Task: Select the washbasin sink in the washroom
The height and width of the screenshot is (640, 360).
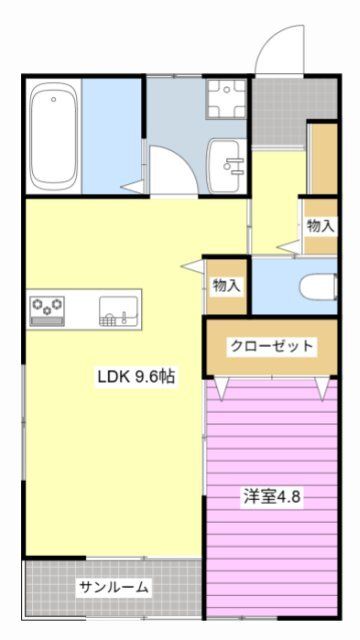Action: (x=226, y=159)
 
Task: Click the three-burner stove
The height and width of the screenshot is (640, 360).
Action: (x=46, y=310)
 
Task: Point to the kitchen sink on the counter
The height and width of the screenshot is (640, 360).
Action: (x=113, y=313)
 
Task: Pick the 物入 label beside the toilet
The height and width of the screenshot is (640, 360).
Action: (x=227, y=285)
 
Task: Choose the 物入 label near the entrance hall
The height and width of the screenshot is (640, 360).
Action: (x=320, y=226)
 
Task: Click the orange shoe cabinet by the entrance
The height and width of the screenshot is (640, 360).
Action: (x=323, y=160)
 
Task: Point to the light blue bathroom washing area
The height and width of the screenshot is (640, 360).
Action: (x=113, y=136)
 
